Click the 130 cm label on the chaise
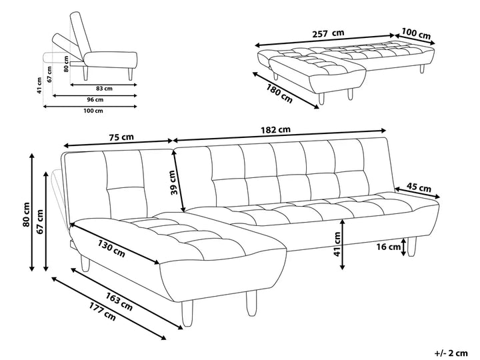pyautogui.click(x=111, y=247)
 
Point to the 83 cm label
pyautogui.click(x=103, y=87)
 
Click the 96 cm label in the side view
pyautogui.click(x=95, y=99)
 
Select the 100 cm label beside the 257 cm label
pyautogui.click(x=415, y=33)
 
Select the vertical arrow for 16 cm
pyautogui.click(x=404, y=247)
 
